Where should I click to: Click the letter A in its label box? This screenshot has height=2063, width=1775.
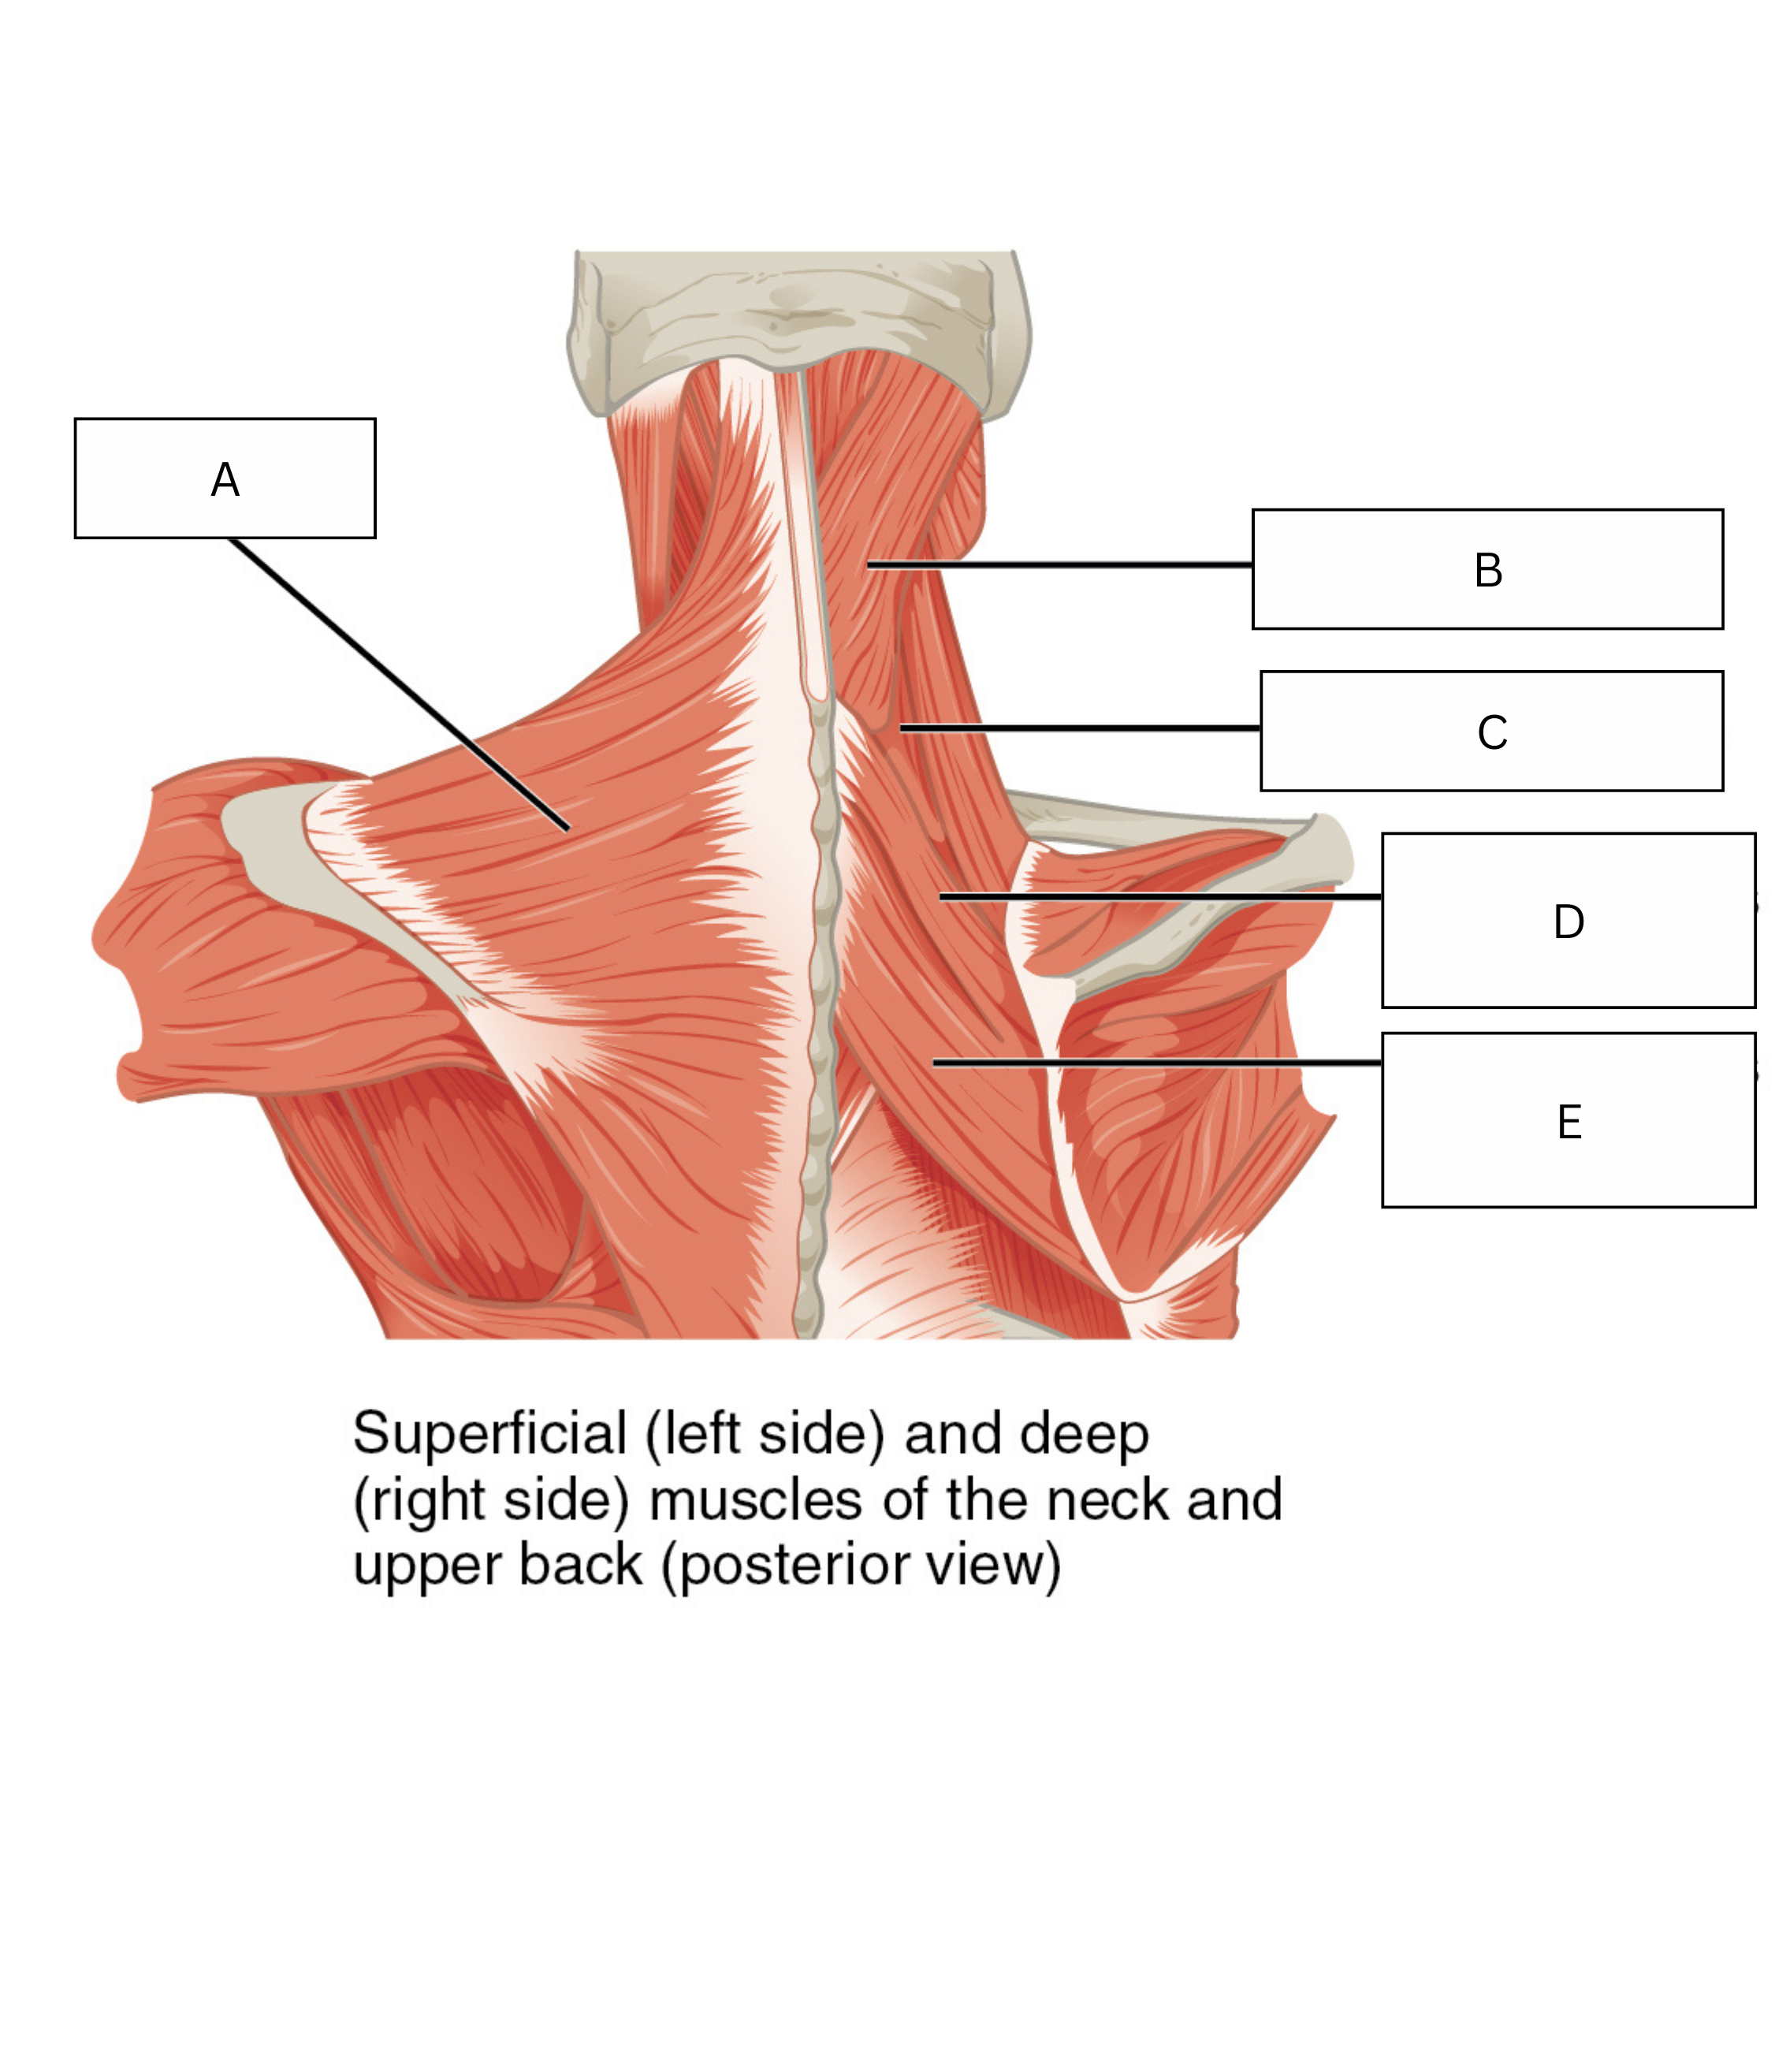(225, 480)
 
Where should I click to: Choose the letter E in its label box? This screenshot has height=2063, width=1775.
(1569, 1122)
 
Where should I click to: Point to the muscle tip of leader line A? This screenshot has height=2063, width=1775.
(568, 829)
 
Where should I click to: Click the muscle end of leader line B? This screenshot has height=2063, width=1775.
(868, 565)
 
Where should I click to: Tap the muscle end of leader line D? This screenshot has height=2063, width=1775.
(941, 897)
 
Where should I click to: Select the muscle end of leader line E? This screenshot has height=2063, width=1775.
(934, 1063)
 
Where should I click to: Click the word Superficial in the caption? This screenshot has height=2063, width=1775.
(489, 1434)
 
